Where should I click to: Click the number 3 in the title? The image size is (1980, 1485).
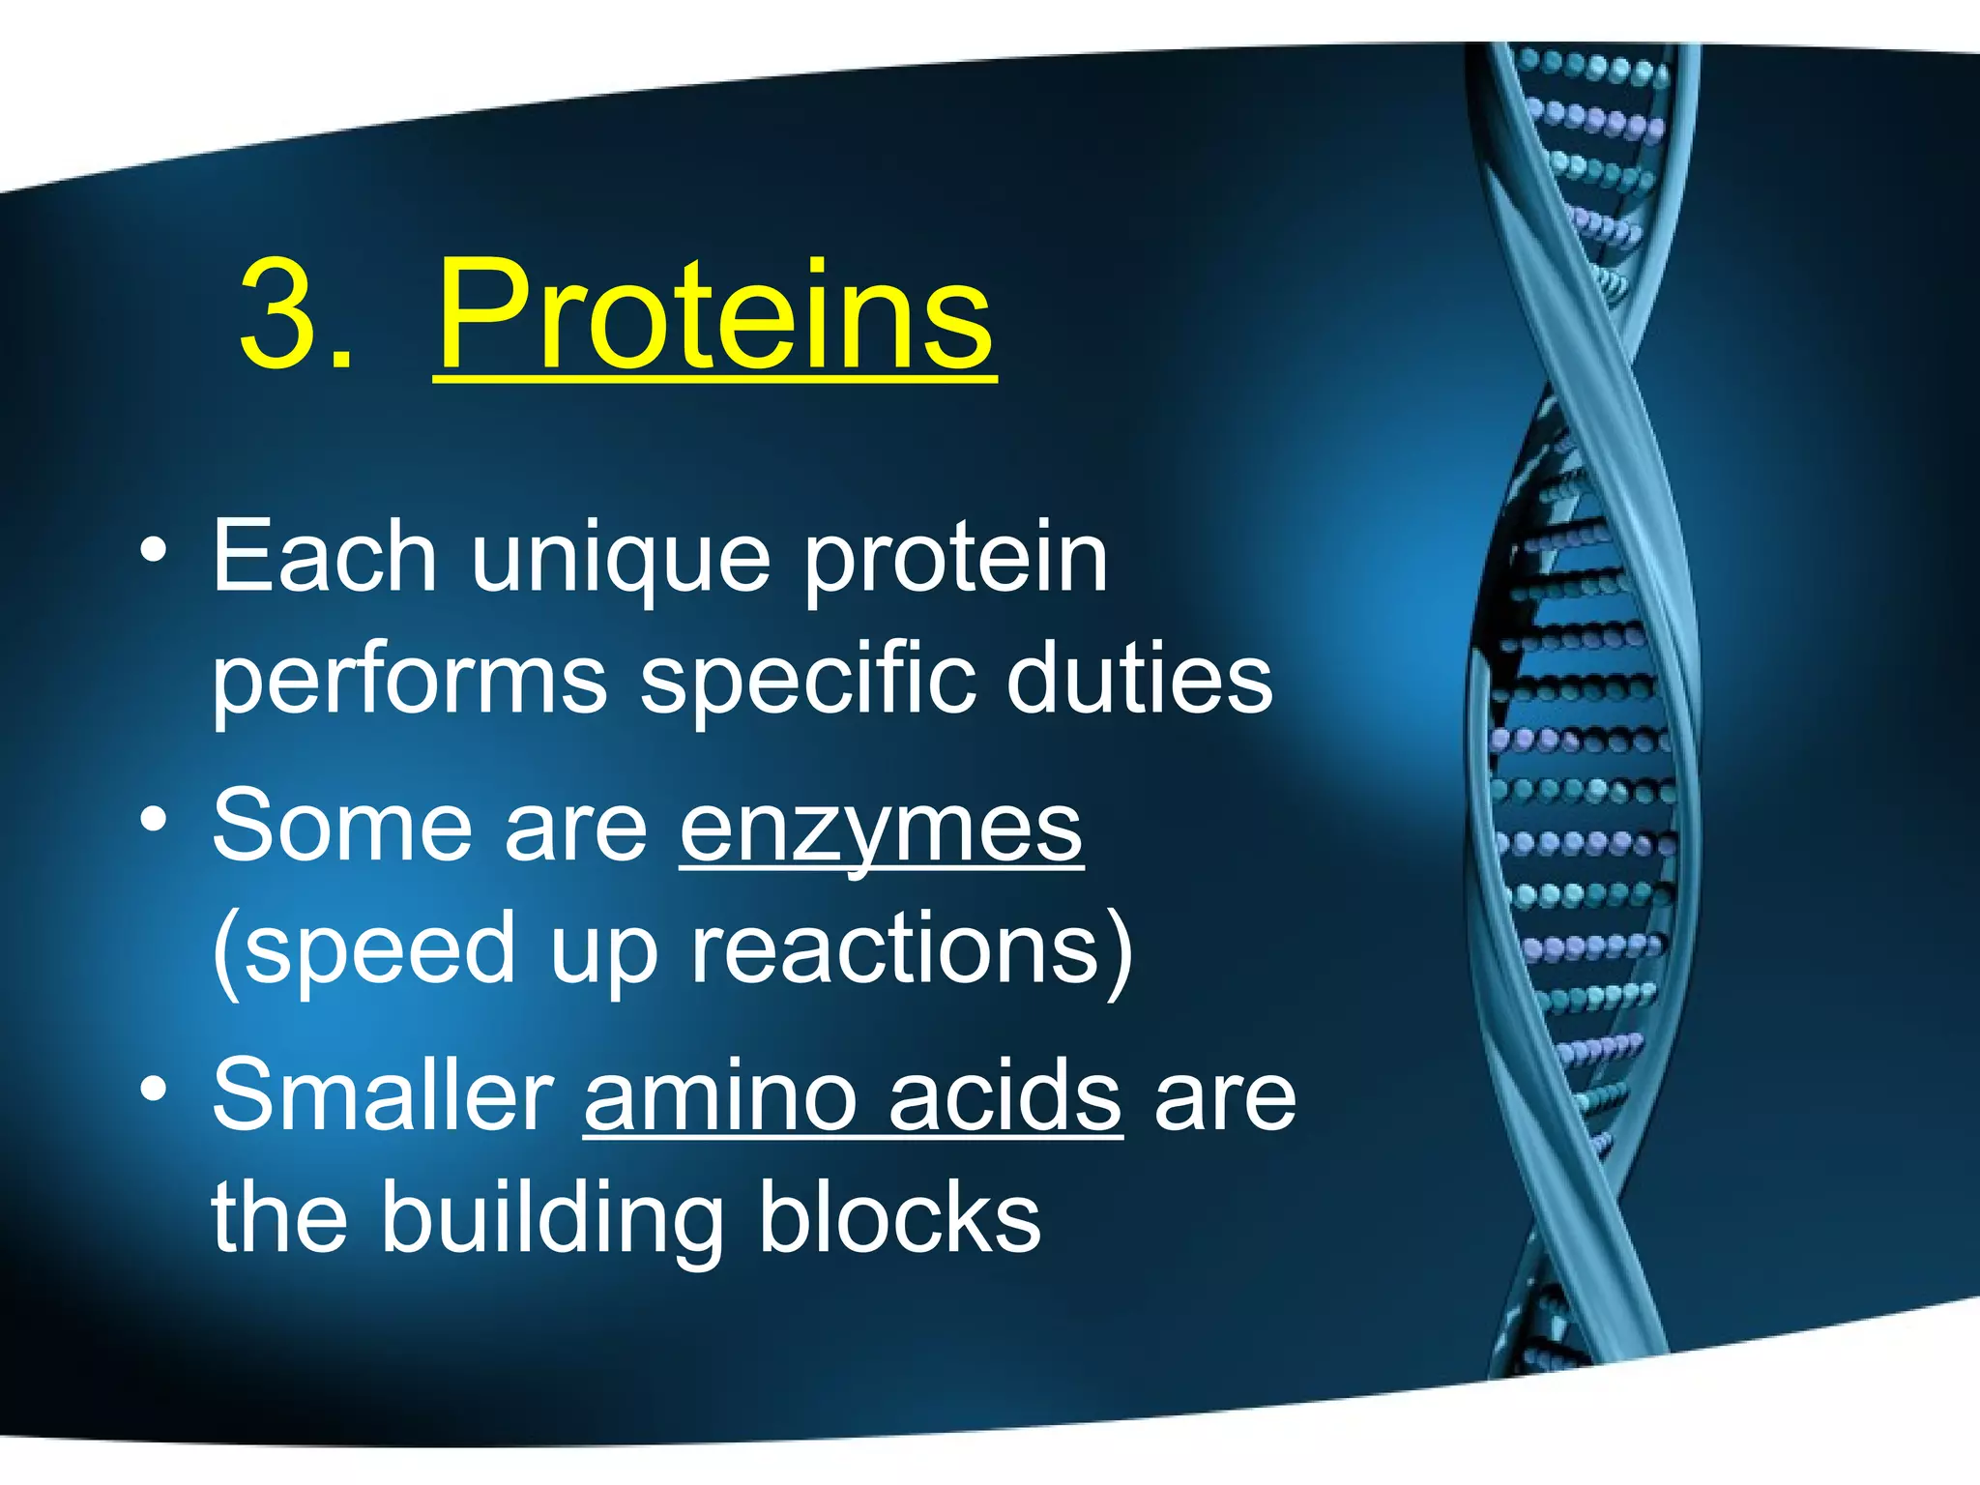pyautogui.click(x=282, y=313)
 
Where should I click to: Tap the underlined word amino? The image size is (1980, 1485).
pyautogui.click(x=720, y=1095)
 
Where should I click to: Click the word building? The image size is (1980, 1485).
pyautogui.click(x=552, y=1219)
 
